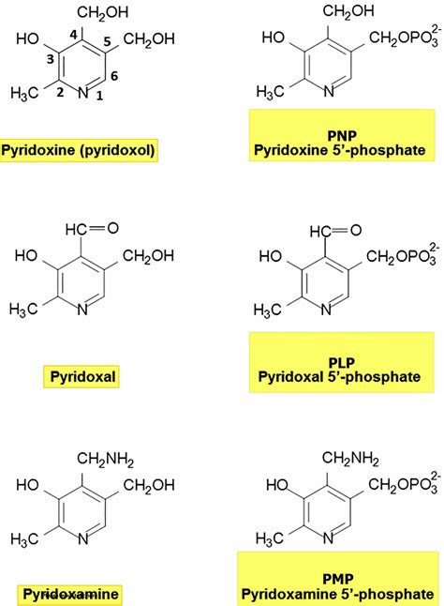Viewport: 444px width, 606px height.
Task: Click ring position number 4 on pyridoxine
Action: (x=74, y=35)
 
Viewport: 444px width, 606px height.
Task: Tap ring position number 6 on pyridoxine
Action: (x=113, y=76)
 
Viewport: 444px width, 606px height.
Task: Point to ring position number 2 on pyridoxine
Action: (x=60, y=92)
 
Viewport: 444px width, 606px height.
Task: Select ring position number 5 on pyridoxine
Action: (x=107, y=41)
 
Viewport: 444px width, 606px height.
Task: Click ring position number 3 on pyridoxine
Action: (x=51, y=59)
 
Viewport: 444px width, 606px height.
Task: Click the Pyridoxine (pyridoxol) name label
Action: (x=79, y=150)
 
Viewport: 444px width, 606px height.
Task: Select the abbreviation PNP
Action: (x=342, y=136)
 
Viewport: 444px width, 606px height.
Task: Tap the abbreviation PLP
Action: (x=341, y=362)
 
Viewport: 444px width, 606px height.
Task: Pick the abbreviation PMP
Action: (x=338, y=579)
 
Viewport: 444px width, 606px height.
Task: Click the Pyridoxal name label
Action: (x=83, y=376)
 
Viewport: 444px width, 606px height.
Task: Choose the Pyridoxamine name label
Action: (x=70, y=594)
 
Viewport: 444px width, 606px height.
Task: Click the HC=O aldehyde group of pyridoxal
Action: (x=92, y=228)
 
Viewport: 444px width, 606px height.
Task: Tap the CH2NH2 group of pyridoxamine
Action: (x=105, y=459)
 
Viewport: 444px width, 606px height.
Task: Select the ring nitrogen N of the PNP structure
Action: (x=329, y=91)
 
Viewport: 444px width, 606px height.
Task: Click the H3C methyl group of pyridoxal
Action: (x=23, y=309)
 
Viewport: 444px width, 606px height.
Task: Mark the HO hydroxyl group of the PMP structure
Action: (x=277, y=485)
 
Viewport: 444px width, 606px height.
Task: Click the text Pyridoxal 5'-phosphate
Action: (x=339, y=376)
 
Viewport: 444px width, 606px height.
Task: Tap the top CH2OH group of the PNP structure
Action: (x=348, y=11)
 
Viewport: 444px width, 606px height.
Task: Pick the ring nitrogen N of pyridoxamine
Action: (x=83, y=538)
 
